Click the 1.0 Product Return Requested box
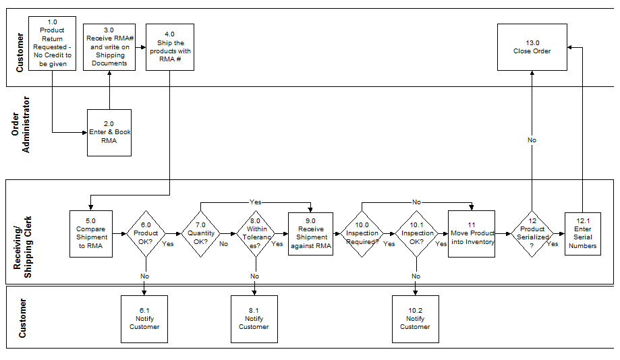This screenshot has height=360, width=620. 53,43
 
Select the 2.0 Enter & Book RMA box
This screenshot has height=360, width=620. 109,132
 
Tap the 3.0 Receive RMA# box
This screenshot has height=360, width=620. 109,47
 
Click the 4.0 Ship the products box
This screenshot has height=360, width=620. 169,47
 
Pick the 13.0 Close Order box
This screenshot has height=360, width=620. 532,47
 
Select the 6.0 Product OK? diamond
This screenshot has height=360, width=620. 146,233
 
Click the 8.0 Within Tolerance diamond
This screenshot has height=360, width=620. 254,233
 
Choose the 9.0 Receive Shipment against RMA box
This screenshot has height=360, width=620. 310,233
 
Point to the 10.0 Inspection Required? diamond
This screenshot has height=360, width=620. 362,233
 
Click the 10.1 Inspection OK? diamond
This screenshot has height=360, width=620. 417,233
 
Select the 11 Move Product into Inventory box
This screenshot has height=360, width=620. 472,233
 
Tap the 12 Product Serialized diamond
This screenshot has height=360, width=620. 532,233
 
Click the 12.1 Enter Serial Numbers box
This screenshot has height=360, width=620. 582,233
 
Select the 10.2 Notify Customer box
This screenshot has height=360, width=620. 416,318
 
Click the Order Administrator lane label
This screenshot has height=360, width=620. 21,125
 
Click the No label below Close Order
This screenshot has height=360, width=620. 532,140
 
